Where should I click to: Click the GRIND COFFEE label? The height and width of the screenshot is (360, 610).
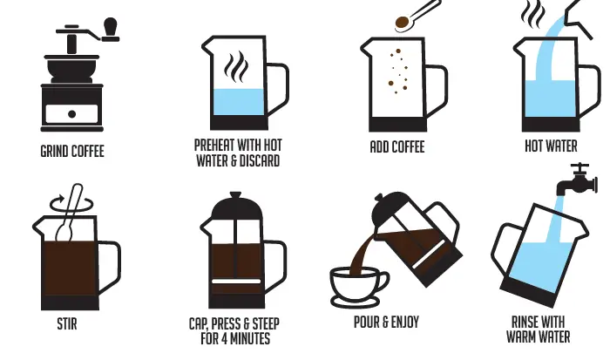tap(71, 151)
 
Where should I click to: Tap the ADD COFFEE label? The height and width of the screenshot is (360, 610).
tap(396, 147)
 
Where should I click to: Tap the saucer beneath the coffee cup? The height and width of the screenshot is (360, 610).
tap(360, 300)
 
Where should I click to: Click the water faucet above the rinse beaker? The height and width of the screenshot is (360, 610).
tap(578, 177)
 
